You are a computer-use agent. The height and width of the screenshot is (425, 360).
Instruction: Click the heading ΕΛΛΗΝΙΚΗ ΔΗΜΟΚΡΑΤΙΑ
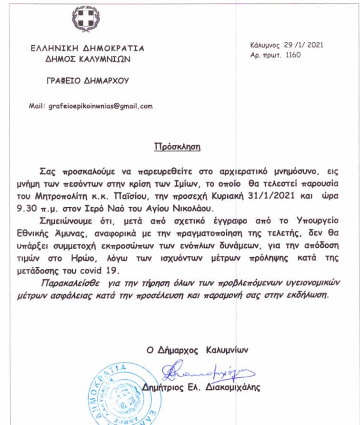click(x=87, y=49)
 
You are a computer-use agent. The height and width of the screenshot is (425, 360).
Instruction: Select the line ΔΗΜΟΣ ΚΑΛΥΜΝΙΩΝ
click(x=87, y=60)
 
